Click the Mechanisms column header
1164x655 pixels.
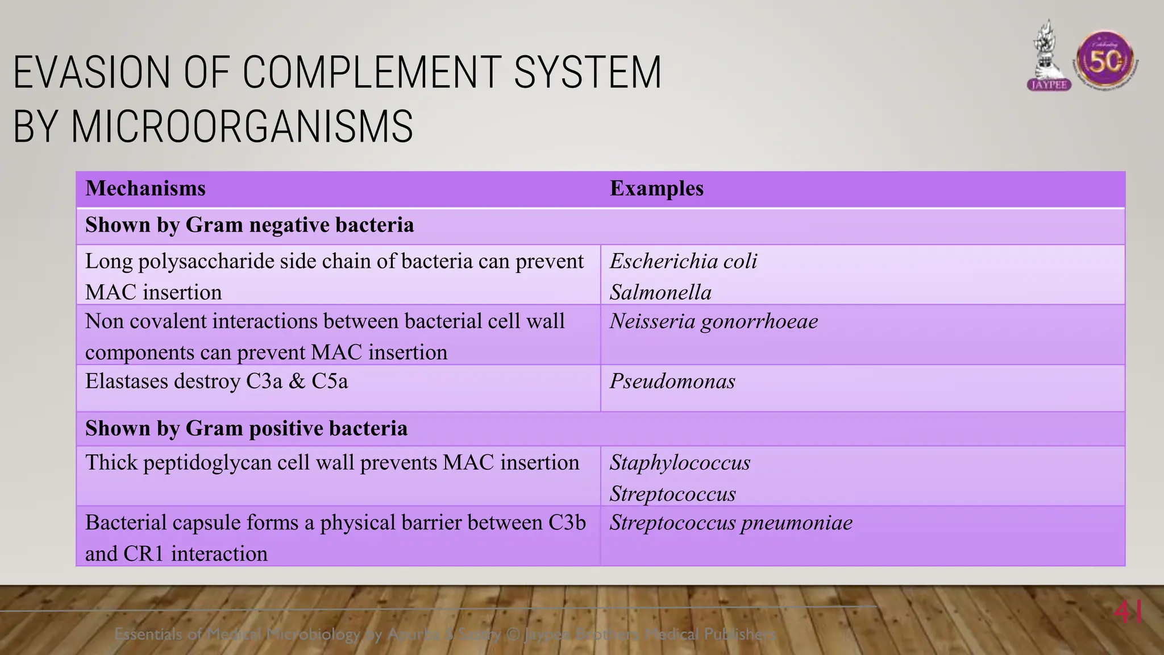coord(145,189)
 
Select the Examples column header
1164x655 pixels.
coord(656,189)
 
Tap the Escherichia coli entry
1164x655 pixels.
coord(683,262)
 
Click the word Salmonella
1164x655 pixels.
coord(660,293)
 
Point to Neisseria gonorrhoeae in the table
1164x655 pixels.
coord(714,322)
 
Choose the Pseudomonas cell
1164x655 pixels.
coord(672,382)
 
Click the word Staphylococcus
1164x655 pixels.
coord(680,463)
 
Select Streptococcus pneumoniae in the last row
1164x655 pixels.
coord(731,523)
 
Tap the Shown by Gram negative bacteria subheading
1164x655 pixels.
coord(250,225)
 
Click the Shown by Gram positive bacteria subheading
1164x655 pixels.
coord(246,429)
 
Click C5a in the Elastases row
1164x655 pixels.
coord(329,382)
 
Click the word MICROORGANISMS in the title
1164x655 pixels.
coord(242,127)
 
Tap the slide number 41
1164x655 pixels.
coord(1128,613)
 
